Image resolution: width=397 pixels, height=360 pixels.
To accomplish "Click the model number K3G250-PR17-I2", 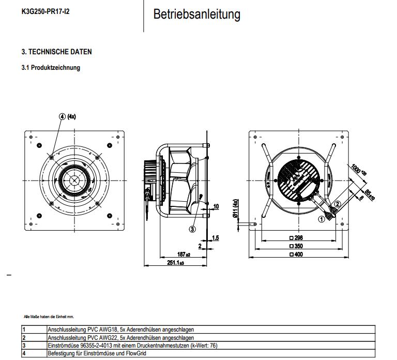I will point(45,11).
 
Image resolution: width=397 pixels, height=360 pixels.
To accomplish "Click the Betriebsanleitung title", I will point(196,14).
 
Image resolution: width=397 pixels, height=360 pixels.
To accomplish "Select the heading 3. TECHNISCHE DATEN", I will point(57,52).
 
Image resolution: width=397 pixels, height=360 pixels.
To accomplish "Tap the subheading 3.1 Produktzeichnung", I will point(51,68).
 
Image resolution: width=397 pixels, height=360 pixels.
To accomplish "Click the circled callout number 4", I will point(63,116).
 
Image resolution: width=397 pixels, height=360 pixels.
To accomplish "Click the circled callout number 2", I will point(338,204).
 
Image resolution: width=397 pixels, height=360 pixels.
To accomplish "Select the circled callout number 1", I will point(321,219).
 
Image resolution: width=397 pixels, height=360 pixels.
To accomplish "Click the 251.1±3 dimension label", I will point(176,264).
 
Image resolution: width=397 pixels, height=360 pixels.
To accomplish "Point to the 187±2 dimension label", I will point(184,255).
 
